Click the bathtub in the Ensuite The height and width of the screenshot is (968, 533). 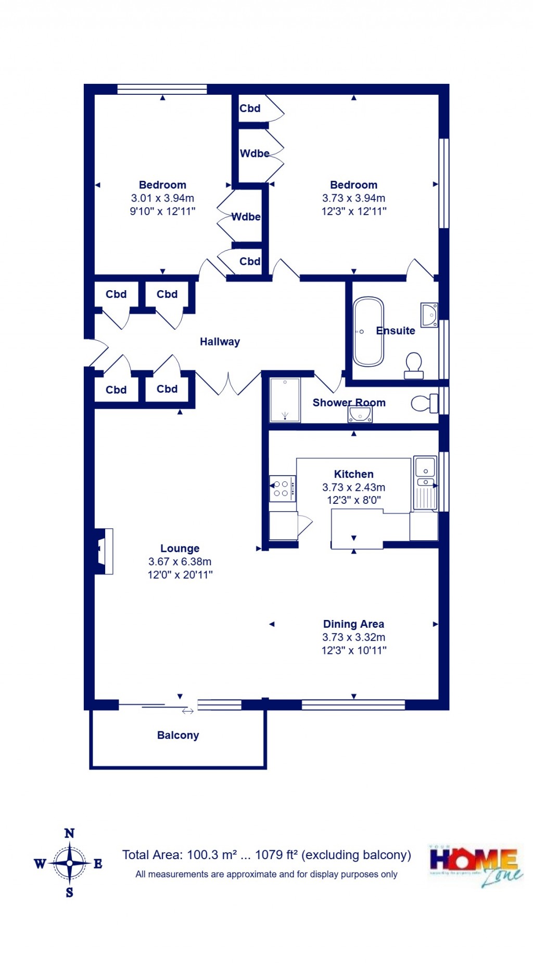pyautogui.click(x=369, y=331)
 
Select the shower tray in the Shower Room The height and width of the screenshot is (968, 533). pyautogui.click(x=285, y=400)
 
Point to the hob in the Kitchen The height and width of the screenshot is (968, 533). pyautogui.click(x=282, y=488)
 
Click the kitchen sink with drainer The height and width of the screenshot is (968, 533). pyautogui.click(x=425, y=482)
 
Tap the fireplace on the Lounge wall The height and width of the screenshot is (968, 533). pyautogui.click(x=104, y=552)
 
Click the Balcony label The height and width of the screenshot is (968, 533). pyautogui.click(x=178, y=735)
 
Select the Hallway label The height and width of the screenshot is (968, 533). pyautogui.click(x=220, y=342)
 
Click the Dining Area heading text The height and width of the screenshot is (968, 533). pyautogui.click(x=353, y=624)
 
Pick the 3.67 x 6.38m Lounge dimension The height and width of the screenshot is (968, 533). pyautogui.click(x=180, y=562)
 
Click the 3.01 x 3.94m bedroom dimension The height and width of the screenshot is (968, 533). pyautogui.click(x=162, y=198)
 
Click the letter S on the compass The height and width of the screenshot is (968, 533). pyautogui.click(x=69, y=892)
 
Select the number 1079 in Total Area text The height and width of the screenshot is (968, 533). pyautogui.click(x=269, y=855)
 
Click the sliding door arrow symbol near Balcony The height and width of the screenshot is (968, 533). pyautogui.click(x=188, y=711)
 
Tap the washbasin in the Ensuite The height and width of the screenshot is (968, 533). pyautogui.click(x=429, y=315)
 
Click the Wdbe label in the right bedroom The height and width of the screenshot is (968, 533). pyautogui.click(x=255, y=153)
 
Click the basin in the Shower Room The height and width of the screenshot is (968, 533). pyautogui.click(x=360, y=414)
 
